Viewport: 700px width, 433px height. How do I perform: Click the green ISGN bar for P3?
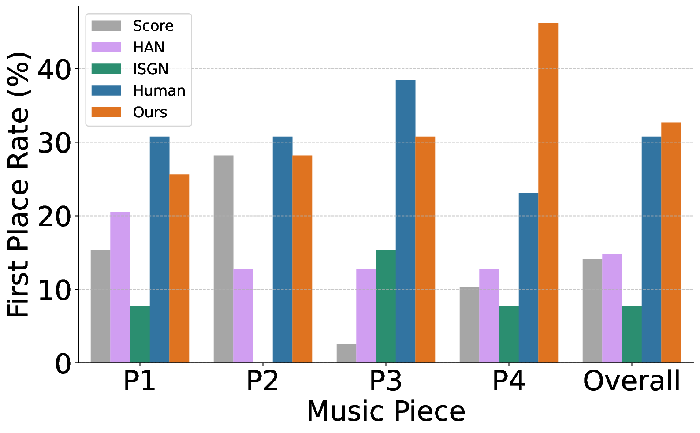(x=386, y=306)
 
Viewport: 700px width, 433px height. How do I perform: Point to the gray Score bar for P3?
(x=346, y=353)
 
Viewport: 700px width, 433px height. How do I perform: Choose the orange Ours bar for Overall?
(x=671, y=243)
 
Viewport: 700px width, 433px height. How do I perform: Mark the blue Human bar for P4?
(x=528, y=278)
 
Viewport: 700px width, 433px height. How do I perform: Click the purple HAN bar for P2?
(x=243, y=316)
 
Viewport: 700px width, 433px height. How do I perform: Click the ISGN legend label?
(x=151, y=69)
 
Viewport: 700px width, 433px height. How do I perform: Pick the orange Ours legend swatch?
(x=106, y=112)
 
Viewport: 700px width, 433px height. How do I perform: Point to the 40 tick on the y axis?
(x=54, y=70)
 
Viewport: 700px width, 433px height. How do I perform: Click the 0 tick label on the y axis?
(x=63, y=364)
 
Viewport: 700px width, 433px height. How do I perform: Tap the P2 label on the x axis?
(x=262, y=381)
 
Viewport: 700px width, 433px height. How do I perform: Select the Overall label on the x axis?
(x=632, y=381)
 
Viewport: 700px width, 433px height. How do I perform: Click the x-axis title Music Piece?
(x=386, y=411)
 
